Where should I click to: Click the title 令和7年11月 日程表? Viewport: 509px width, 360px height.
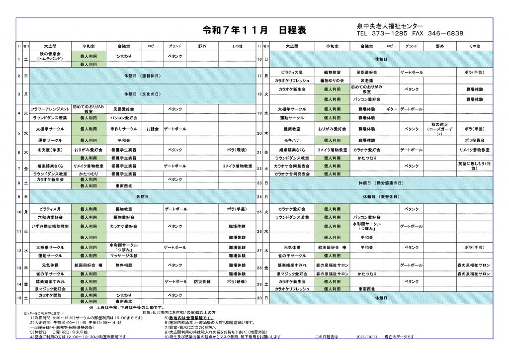coord(254,30)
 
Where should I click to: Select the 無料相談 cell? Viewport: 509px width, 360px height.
coord(122,266)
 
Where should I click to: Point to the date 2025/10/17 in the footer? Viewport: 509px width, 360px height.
coord(367,337)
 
